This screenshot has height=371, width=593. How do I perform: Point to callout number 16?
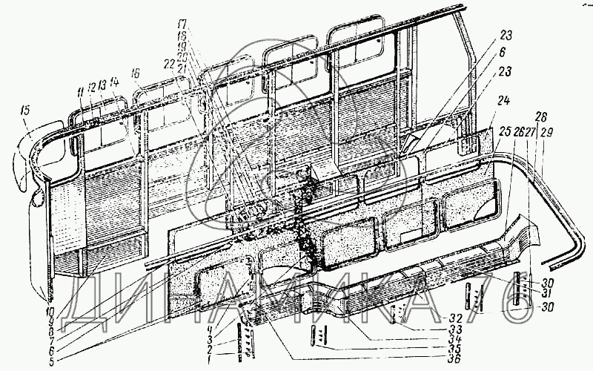pos(135,74)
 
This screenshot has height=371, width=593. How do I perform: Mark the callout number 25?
pos(504,131)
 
